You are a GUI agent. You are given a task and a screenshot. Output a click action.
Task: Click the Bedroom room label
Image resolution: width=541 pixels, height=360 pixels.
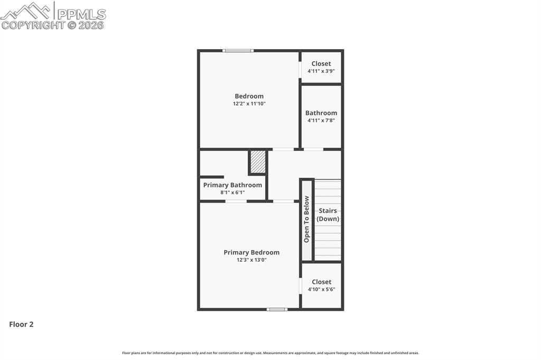pos(249,96)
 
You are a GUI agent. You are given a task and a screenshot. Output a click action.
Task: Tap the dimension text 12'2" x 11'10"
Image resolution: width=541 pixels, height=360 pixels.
pos(249,104)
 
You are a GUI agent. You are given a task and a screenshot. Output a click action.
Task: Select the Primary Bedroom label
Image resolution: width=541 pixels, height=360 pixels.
pos(251,252)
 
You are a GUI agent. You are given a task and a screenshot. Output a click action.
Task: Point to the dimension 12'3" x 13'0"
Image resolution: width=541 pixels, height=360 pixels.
pos(251,260)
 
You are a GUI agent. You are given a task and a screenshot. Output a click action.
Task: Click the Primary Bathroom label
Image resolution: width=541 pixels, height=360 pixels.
pos(232,185)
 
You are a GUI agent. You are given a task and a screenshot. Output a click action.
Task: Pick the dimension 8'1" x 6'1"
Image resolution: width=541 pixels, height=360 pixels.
pos(232,193)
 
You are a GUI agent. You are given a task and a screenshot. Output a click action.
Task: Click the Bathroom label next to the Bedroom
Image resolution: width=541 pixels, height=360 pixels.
pos(321,112)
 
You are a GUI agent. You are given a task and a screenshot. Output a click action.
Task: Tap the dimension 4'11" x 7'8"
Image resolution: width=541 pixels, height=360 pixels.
pos(321,120)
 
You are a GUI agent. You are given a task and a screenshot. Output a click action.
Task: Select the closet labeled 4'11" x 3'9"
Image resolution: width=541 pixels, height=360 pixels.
pos(321,67)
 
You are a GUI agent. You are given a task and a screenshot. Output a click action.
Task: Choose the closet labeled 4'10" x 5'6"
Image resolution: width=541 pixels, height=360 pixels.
pos(321,285)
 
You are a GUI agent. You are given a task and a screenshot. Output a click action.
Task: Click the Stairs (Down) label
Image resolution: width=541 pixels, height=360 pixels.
pos(328,215)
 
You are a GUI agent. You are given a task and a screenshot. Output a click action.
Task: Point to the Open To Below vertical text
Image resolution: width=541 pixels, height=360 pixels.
pos(306,219)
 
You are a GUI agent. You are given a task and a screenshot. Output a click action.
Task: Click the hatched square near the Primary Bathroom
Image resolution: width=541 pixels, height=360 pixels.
pos(258,162)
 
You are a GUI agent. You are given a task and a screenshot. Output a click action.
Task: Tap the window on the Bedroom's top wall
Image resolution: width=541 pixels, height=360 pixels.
pos(238,51)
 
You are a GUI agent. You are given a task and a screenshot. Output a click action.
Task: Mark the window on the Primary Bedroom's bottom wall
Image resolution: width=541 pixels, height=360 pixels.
pos(277,309)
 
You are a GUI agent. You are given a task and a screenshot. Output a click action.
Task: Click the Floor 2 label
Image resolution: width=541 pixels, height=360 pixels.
pos(21,325)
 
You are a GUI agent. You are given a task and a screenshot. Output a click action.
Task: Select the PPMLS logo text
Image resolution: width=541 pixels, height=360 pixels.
pos(81,14)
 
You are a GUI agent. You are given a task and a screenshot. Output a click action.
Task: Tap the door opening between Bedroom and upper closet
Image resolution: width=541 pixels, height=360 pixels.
pos(300,70)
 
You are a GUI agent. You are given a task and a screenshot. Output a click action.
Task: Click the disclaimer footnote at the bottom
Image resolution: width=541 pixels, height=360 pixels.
pos(270,353)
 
